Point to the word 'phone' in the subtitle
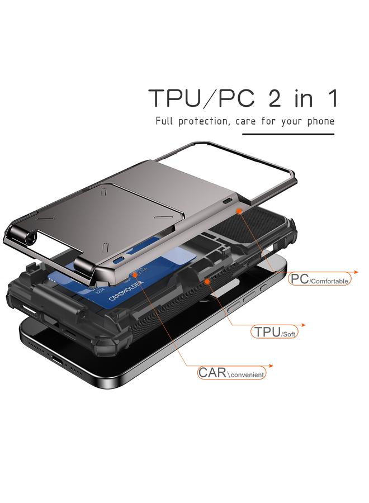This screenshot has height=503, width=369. click(319, 121)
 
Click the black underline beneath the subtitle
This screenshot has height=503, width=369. click(287, 134)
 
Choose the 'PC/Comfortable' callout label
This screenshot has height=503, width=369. click(319, 279)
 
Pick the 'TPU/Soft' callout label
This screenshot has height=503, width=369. click(274, 332)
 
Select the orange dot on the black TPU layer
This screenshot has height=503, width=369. click(207, 281)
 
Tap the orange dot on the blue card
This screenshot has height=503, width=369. click(135, 275)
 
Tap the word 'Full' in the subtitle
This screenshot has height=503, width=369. click(165, 121)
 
